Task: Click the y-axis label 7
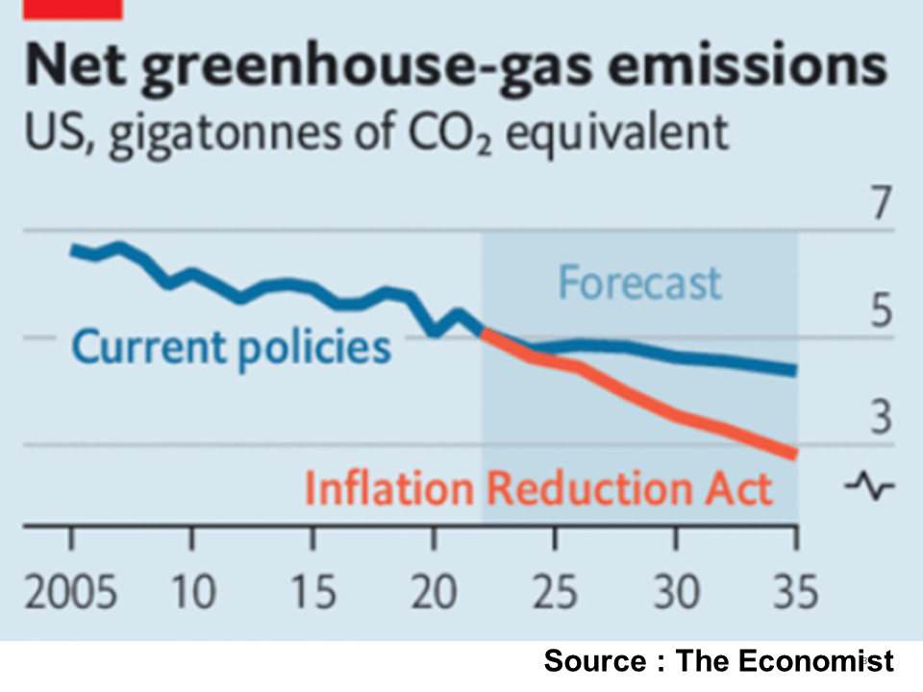[875, 207]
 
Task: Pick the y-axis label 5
[875, 314]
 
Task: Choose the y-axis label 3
[875, 421]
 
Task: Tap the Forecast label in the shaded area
[639, 284]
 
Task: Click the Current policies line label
[232, 347]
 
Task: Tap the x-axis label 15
[313, 592]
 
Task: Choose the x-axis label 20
[434, 592]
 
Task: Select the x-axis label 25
[554, 592]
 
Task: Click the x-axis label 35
[796, 592]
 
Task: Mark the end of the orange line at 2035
[793, 453]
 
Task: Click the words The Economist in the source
[785, 661]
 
